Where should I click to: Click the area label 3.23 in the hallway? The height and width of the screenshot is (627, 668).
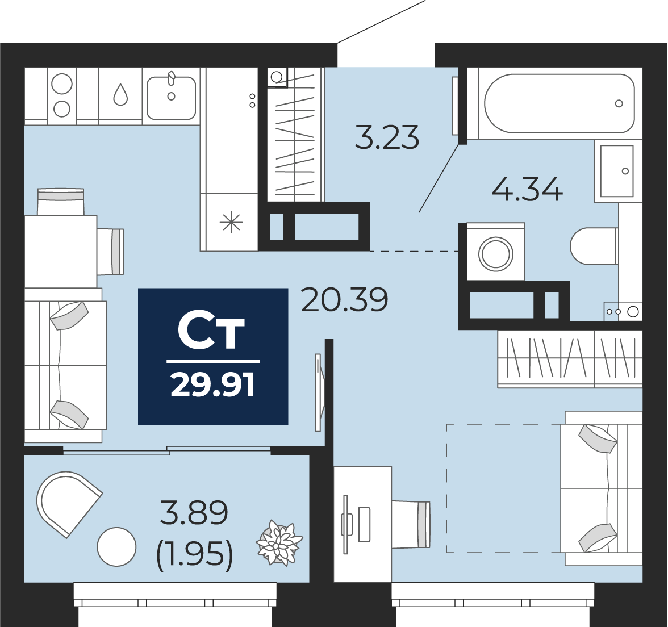(x=387, y=137)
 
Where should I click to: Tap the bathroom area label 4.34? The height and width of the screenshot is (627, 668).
(x=527, y=189)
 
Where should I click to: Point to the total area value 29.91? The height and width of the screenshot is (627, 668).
(x=212, y=384)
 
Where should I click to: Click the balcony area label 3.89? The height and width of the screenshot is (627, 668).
(x=194, y=512)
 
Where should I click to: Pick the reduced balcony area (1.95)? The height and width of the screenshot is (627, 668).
(x=195, y=555)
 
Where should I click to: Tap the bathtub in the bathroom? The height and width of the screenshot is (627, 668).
(x=560, y=103)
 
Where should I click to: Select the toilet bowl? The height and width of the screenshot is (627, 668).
(x=594, y=246)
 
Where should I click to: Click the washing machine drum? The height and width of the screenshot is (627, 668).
(x=495, y=254)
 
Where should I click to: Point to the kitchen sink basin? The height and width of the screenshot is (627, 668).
(x=172, y=98)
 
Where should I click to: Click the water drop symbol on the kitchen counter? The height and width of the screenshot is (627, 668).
(x=120, y=94)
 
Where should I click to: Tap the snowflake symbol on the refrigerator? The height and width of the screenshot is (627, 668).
(x=231, y=223)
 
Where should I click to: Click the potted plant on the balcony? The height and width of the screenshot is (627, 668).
(x=279, y=544)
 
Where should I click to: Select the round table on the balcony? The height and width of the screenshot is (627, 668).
(x=117, y=547)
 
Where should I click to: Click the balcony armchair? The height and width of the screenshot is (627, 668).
(x=68, y=503)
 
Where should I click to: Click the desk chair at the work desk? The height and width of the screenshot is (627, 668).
(x=411, y=524)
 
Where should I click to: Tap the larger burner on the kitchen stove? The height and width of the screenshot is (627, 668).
(x=62, y=83)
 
